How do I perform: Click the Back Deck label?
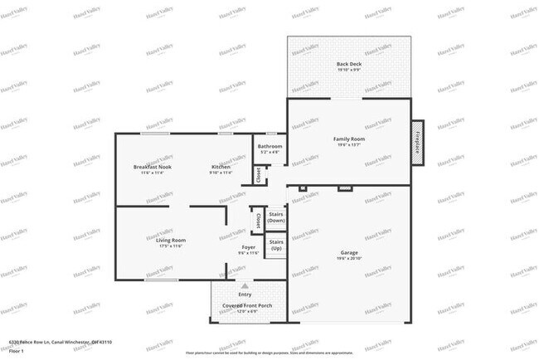(348, 64)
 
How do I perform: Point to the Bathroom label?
(270, 147)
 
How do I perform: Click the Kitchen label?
(220, 167)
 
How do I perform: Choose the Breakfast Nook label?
(152, 167)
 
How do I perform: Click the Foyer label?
(248, 247)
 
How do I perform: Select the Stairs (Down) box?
(276, 218)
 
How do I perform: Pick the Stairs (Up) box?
(276, 246)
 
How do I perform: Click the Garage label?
(349, 252)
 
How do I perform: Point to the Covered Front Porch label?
(247, 305)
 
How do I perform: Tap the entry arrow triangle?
(245, 285)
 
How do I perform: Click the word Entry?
(245, 294)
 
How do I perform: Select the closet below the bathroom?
(258, 175)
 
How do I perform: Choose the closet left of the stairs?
(257, 222)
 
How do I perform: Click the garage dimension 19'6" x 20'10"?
(349, 259)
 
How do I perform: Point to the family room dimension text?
(349, 145)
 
